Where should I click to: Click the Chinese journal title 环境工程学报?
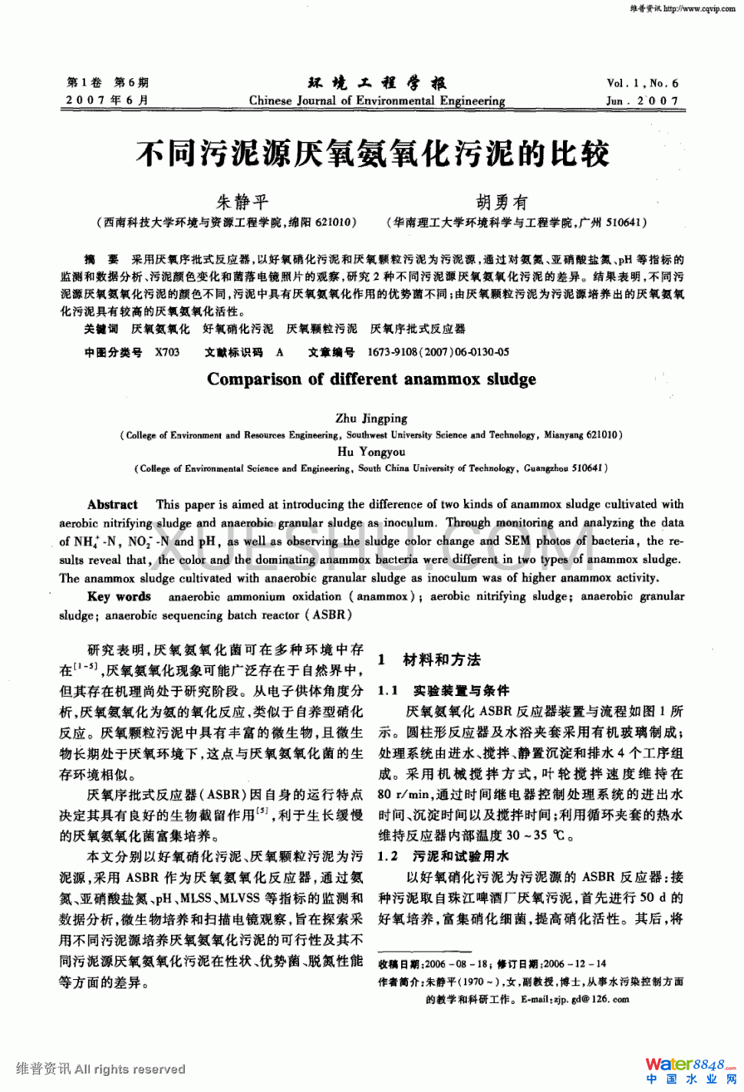pos(377,83)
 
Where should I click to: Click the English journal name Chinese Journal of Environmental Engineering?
pos(377,101)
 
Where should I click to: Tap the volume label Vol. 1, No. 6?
pos(642,83)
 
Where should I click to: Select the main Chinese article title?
pos(373,153)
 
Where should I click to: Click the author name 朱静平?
pos(242,202)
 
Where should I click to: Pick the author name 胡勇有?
pos(502,202)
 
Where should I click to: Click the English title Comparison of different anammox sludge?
pos(371,379)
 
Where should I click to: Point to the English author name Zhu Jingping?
pos(371,418)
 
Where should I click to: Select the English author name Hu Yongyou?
pos(371,451)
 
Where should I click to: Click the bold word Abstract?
pos(113,504)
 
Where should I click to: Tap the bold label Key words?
pos(119,596)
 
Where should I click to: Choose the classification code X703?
pos(166,352)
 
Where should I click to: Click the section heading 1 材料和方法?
pos(430,659)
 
